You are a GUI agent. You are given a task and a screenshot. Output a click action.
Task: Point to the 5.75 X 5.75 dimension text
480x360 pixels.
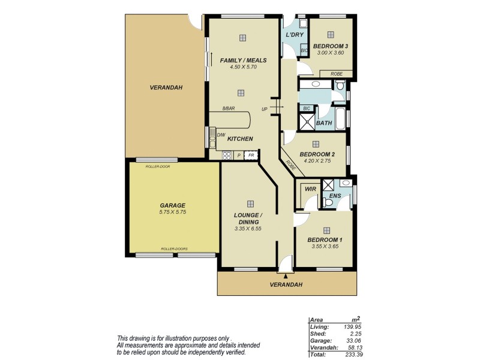click(173, 212)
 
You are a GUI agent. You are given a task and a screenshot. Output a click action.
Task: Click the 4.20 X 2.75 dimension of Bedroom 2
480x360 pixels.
click(317, 161)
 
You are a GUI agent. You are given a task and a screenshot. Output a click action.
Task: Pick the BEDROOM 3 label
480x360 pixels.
click(331, 46)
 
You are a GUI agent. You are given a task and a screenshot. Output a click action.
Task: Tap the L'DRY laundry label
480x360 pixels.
click(294, 35)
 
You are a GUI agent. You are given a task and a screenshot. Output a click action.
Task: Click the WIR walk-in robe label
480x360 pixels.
click(310, 189)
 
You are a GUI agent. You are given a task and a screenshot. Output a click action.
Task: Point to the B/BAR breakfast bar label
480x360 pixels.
click(229, 109)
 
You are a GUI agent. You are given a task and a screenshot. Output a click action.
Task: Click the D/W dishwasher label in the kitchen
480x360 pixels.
click(220, 135)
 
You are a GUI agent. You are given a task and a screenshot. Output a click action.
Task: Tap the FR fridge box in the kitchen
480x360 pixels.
click(251, 155)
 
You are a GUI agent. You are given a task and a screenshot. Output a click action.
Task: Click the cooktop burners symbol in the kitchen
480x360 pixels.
click(227, 155)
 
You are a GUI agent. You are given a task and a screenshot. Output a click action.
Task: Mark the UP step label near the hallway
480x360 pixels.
click(264, 109)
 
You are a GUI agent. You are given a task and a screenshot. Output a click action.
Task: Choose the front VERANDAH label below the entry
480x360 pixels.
click(286, 284)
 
